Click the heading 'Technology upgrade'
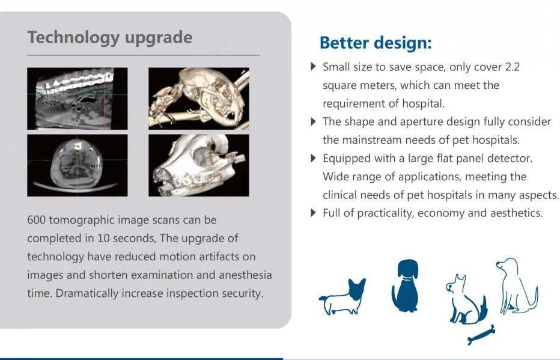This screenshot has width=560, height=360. (109, 38)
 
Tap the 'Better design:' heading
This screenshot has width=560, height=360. (376, 43)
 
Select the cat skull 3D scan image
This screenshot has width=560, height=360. (199, 99)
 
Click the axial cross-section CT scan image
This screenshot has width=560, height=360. (77, 165)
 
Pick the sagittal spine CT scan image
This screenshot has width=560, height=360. (77, 99)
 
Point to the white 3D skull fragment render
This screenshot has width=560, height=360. (199, 165)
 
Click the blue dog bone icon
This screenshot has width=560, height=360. (481, 335)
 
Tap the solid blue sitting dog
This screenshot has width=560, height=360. (405, 286)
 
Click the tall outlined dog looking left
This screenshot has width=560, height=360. (517, 285)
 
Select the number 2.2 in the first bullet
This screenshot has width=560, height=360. (512, 67)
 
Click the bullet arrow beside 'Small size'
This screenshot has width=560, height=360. (313, 67)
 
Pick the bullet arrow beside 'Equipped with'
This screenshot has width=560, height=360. (313, 158)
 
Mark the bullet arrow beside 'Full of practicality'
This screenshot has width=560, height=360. (313, 213)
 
